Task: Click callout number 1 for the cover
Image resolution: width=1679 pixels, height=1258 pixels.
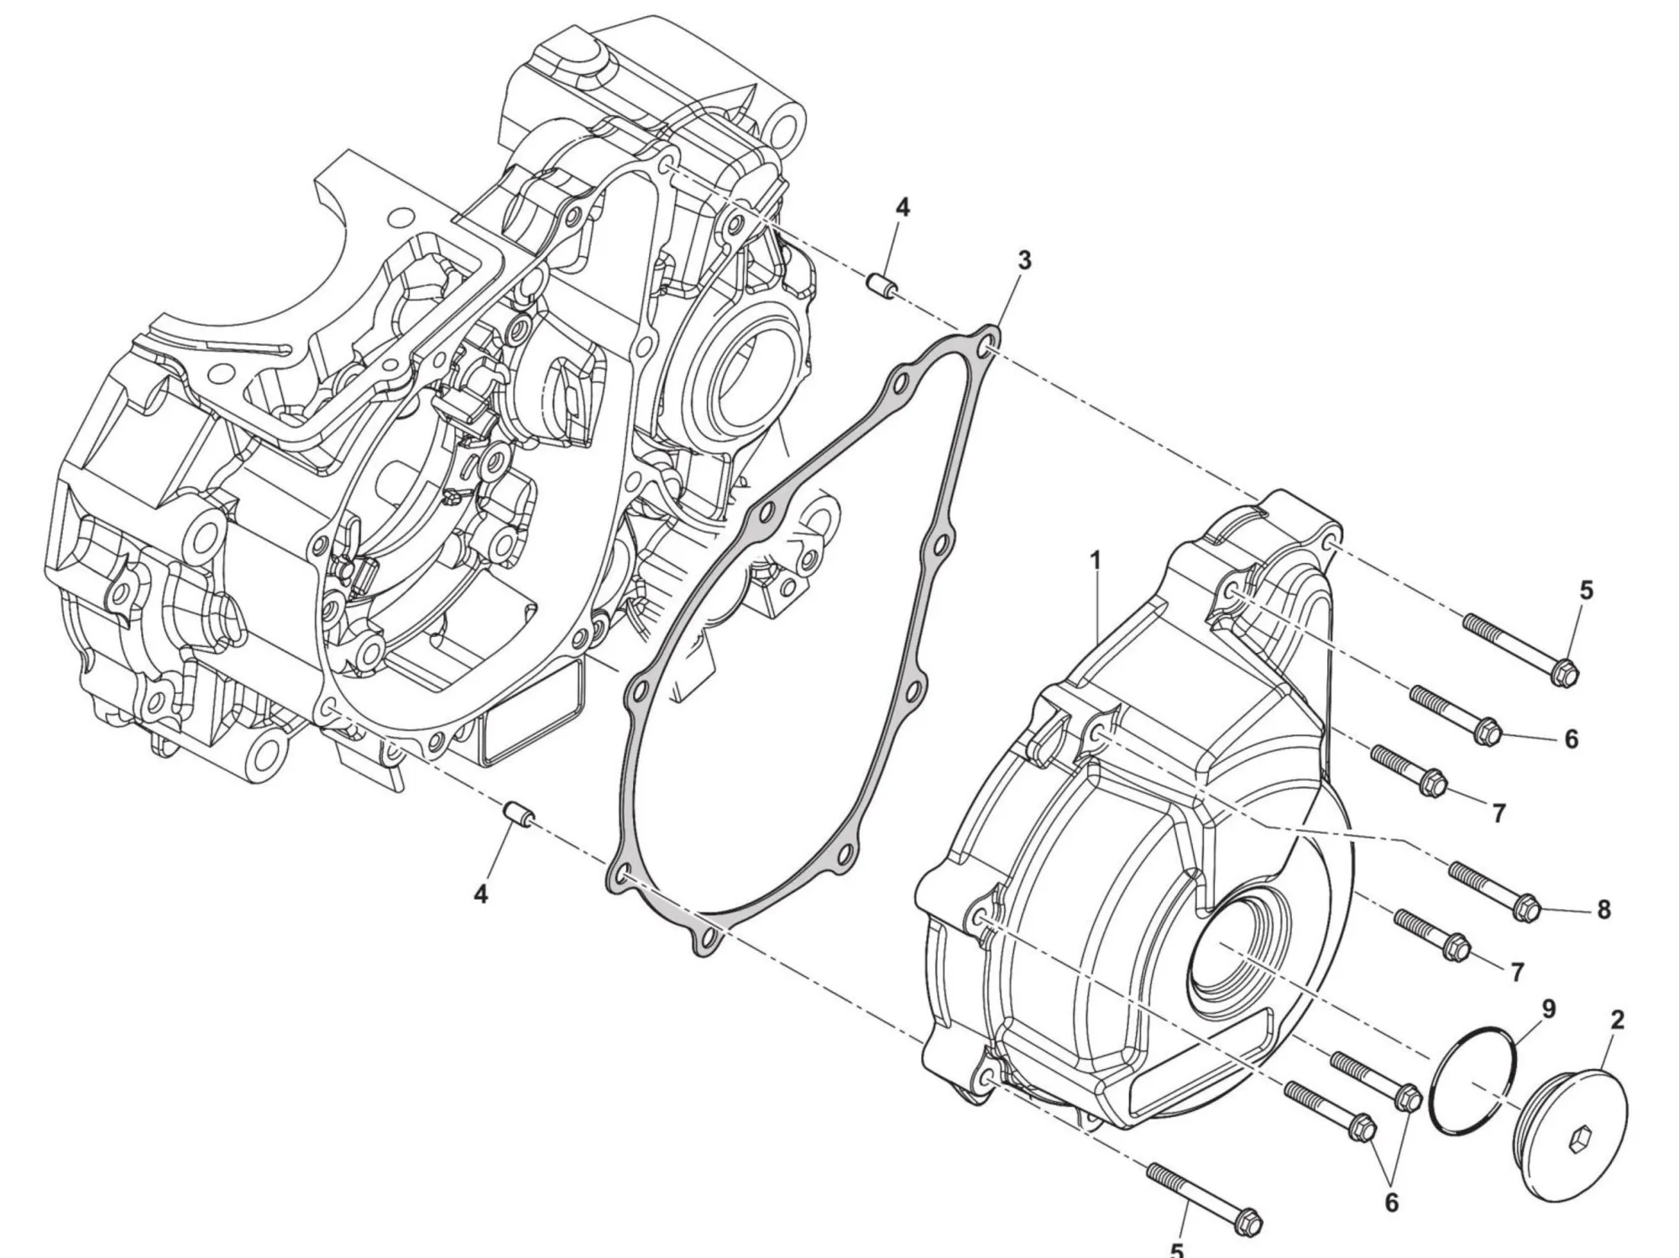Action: [1095, 560]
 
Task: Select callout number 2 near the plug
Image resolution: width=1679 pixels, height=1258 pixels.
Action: [1617, 1020]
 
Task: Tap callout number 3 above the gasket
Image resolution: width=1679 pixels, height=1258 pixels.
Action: [1023, 261]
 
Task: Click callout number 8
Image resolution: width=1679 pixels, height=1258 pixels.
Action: [1603, 910]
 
